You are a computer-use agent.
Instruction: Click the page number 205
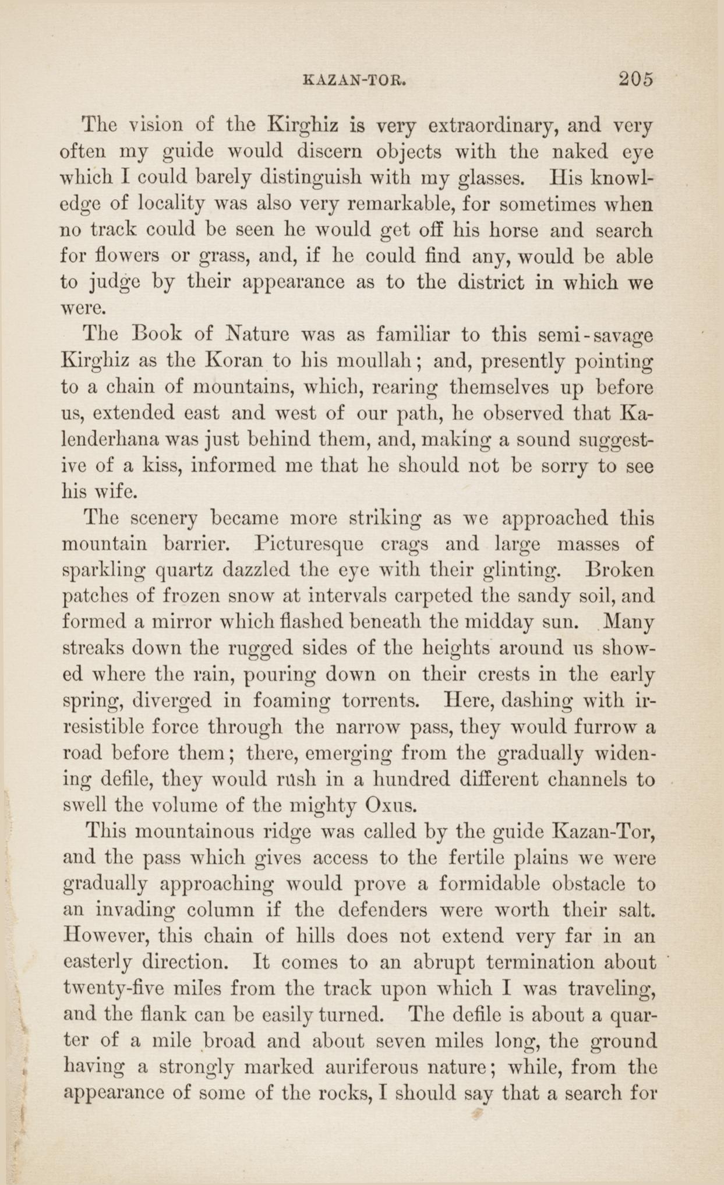(636, 79)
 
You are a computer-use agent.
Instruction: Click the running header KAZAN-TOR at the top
(355, 80)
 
